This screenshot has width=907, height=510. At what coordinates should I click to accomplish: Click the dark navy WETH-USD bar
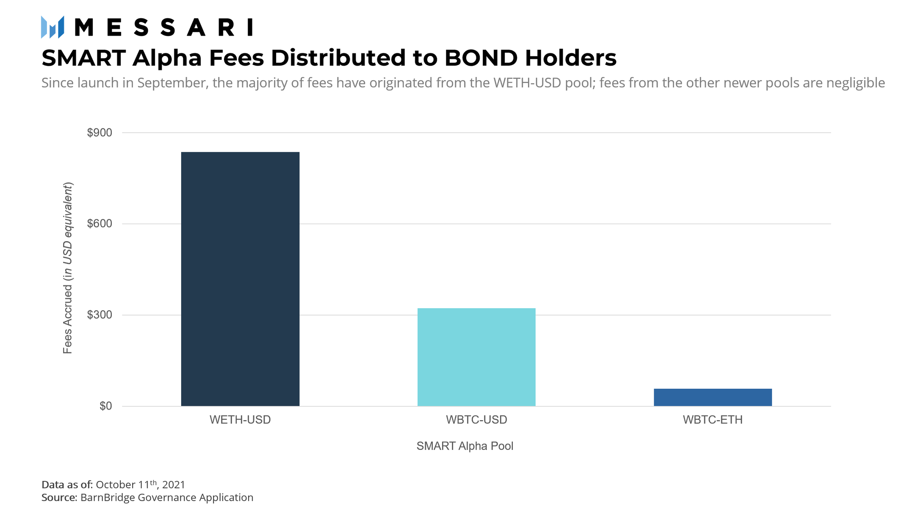(240, 279)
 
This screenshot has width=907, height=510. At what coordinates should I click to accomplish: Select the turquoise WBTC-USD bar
(476, 357)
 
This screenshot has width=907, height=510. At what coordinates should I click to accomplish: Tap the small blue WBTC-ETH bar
(713, 397)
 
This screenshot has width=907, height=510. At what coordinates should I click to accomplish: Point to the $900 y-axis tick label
(100, 133)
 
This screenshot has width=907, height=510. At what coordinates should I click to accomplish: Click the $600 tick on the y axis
(100, 224)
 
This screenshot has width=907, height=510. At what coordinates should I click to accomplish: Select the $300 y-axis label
(100, 315)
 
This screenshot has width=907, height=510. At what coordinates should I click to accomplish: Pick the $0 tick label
(105, 406)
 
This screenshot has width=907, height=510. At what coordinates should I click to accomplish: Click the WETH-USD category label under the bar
(240, 420)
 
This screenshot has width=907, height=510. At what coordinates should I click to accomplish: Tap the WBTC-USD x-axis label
(476, 420)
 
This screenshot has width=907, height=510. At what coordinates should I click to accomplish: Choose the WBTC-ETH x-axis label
(713, 420)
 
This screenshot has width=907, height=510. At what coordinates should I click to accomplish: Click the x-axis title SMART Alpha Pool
(465, 446)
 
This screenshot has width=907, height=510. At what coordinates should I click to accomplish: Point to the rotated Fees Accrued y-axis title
(68, 268)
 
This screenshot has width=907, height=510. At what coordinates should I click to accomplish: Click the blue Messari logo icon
(53, 27)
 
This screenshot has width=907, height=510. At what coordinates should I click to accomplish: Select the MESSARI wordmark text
(164, 28)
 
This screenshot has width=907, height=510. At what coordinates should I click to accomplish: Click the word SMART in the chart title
(84, 58)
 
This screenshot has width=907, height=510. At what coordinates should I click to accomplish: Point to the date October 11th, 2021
(140, 485)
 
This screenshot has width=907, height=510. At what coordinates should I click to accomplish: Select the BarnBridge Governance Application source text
(167, 497)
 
